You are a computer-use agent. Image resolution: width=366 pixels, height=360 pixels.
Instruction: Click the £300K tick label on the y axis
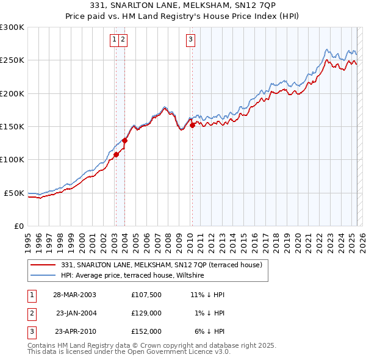(x=12, y=27)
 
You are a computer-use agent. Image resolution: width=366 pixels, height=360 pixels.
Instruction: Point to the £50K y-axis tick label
(x=14, y=193)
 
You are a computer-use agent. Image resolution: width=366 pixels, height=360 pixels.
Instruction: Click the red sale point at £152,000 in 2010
(x=192, y=125)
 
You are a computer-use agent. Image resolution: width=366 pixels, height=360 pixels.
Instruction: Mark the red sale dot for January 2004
(x=124, y=140)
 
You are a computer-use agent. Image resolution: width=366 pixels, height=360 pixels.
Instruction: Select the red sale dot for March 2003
(x=116, y=154)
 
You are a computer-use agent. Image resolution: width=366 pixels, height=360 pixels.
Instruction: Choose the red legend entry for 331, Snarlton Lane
(x=161, y=265)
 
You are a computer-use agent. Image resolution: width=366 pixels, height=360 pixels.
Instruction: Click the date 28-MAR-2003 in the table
(x=74, y=294)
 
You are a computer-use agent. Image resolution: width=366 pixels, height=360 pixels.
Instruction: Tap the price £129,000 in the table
(x=146, y=312)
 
